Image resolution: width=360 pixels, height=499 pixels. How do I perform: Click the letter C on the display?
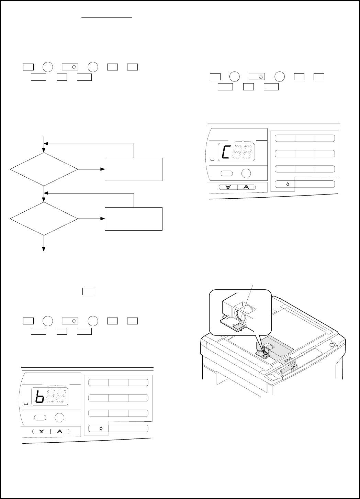(225, 152)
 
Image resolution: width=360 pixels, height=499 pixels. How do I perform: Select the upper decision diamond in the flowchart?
(44, 169)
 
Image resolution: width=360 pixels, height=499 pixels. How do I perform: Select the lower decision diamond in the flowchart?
(44, 219)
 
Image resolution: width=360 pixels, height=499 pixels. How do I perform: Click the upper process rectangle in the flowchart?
(133, 169)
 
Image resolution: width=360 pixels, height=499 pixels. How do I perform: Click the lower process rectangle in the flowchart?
(133, 219)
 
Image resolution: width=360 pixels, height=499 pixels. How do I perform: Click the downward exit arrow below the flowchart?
(44, 244)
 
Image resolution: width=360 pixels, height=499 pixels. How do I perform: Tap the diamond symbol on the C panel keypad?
(288, 184)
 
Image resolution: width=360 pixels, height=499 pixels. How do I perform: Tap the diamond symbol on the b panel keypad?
(101, 429)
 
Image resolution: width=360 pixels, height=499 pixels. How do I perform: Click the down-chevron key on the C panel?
(228, 187)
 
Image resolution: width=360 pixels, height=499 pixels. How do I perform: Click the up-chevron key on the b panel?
(60, 431)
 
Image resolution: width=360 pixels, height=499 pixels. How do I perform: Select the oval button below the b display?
(40, 418)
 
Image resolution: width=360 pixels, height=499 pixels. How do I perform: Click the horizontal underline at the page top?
(107, 16)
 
